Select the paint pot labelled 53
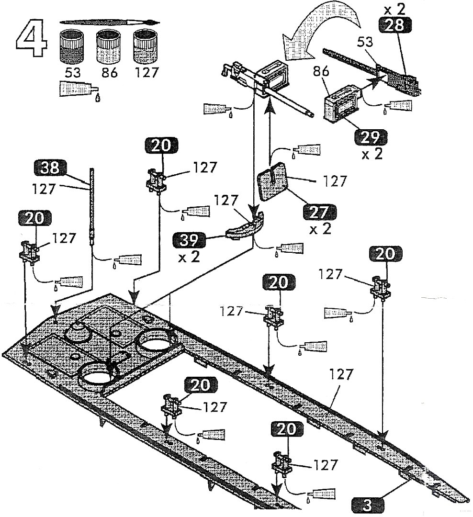tap(72, 45)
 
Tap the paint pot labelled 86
tap(108, 45)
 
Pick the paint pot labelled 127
tap(145, 45)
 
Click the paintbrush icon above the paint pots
tap(110, 22)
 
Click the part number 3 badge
tap(368, 504)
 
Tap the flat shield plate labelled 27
tap(273, 185)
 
